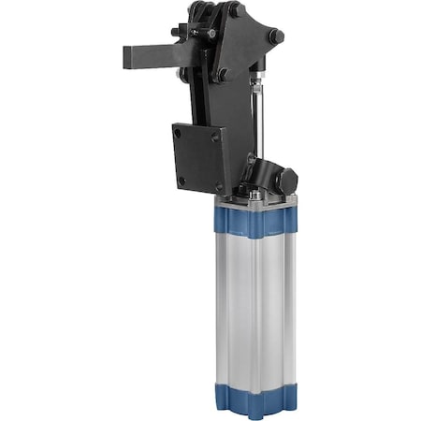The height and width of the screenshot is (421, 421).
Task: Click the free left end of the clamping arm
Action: [x=128, y=56]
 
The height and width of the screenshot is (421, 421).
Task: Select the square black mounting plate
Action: [x=198, y=157]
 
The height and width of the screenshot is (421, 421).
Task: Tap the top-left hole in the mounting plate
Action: [x=178, y=134]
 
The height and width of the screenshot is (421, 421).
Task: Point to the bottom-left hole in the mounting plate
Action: [x=181, y=179]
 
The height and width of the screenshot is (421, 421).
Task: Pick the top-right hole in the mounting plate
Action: [x=215, y=137]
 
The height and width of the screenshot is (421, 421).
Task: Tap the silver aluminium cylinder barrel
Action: [x=255, y=309]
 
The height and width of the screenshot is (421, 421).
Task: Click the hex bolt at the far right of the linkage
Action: [x=276, y=36]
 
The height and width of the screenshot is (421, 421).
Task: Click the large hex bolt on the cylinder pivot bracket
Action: [x=287, y=178]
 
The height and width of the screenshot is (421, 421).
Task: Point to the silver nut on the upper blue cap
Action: [x=254, y=196]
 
